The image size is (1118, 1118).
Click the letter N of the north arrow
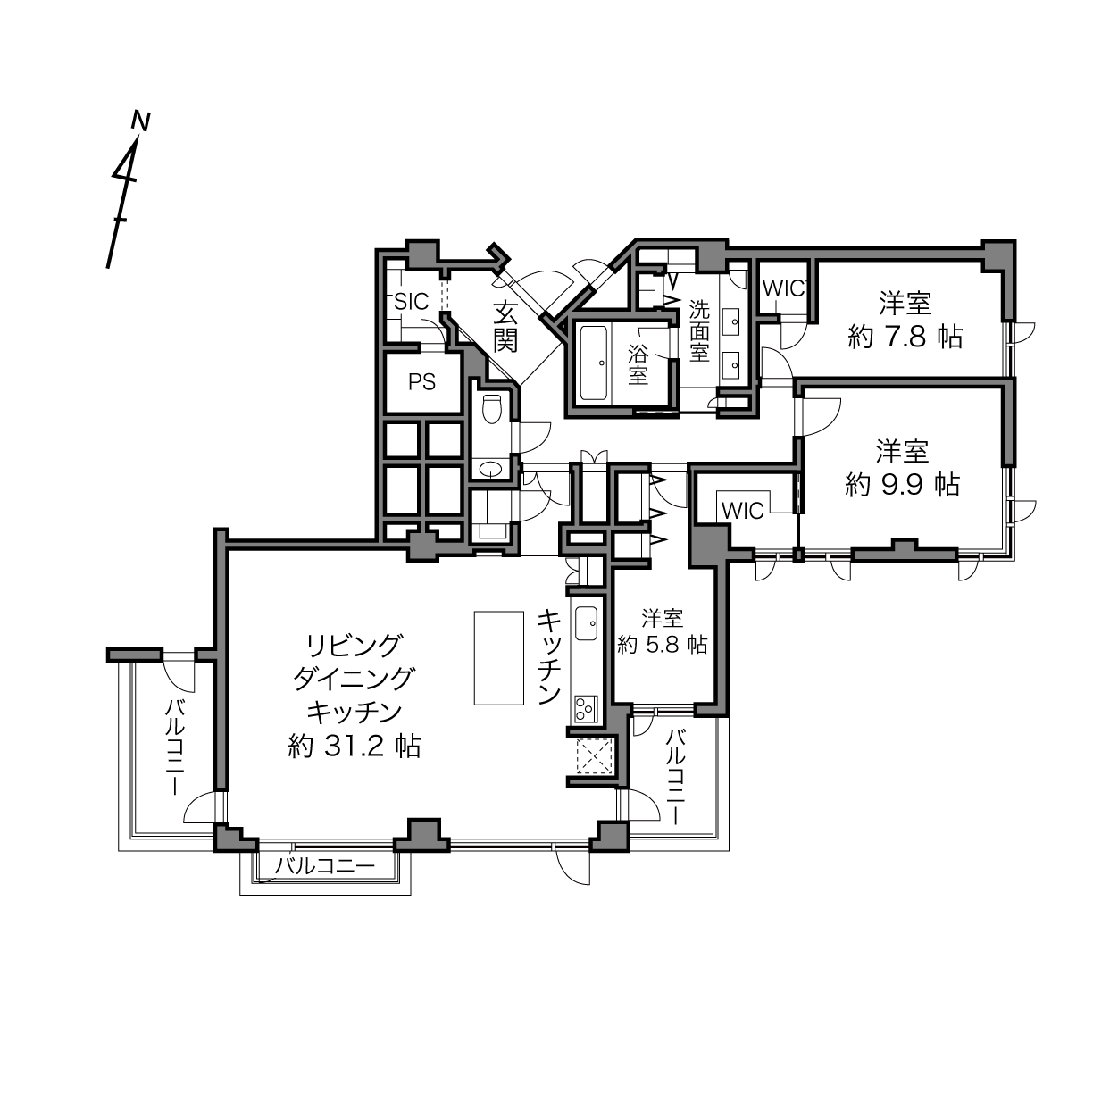[x=140, y=121]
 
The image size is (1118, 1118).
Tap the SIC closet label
[x=412, y=302]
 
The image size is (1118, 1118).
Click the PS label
[x=421, y=382]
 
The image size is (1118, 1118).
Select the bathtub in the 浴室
[x=594, y=363]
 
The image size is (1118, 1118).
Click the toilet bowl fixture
[x=491, y=409]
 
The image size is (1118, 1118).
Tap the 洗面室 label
[x=700, y=330]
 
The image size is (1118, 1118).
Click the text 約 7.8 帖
[x=905, y=337]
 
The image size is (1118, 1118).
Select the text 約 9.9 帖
[x=902, y=485]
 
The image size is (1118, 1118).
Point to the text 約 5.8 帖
[x=662, y=644]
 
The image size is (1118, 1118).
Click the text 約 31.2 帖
[x=354, y=747]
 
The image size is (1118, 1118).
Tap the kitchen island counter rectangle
[x=499, y=658]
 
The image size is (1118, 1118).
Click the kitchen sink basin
[x=587, y=623]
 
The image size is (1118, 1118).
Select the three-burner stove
[x=587, y=709]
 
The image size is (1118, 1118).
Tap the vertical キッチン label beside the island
[x=549, y=656]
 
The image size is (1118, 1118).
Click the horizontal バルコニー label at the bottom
[x=325, y=866]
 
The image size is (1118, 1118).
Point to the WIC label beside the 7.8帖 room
[x=784, y=288]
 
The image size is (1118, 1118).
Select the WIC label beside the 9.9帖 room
[x=743, y=511]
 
